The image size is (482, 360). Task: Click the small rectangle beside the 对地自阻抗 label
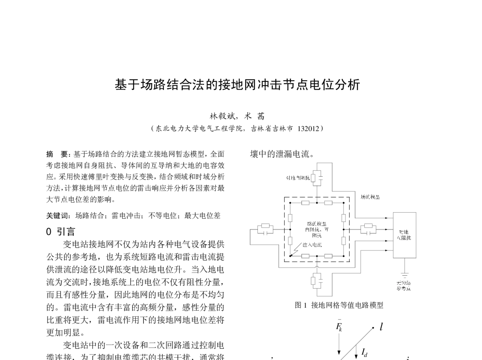point(313,178)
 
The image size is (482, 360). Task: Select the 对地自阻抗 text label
point(298,178)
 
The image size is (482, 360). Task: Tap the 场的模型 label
point(370,197)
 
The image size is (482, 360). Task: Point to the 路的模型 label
point(317,224)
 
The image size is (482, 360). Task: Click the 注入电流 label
point(312,244)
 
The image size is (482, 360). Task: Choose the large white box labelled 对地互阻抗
point(404,235)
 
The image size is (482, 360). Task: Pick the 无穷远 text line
point(403,283)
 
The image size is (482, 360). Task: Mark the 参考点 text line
point(403,288)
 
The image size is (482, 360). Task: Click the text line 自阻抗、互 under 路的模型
point(317,230)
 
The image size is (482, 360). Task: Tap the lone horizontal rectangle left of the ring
point(265,226)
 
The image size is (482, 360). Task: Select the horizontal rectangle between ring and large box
point(368,226)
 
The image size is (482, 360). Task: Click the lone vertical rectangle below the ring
point(313,281)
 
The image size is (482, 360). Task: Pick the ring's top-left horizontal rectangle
point(305,203)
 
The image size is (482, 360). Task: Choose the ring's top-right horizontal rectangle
point(328,203)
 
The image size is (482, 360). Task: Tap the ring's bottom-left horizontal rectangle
point(305,256)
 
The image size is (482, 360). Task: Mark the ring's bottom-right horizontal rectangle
point(328,256)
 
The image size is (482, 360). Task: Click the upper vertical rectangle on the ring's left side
point(290,218)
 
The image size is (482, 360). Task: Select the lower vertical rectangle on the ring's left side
point(290,241)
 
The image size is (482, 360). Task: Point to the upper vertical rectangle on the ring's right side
point(343,218)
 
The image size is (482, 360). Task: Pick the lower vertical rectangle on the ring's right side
point(343,241)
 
